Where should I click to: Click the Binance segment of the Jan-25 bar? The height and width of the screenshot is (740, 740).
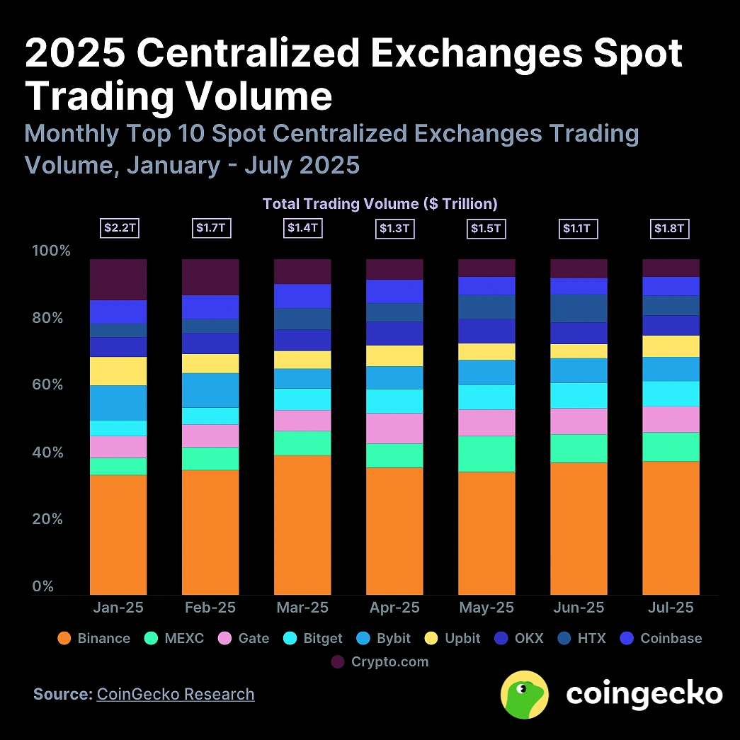[x=118, y=534]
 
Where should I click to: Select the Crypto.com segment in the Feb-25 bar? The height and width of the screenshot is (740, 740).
[x=210, y=277]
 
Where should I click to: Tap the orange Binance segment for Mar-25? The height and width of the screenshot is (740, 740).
[x=302, y=524]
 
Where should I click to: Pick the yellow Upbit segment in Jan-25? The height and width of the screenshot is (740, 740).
[x=118, y=371]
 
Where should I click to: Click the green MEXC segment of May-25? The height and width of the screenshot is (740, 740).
[x=486, y=453]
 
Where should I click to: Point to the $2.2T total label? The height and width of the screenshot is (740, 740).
[x=118, y=228]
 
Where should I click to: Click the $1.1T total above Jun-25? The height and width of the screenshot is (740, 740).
[x=579, y=228]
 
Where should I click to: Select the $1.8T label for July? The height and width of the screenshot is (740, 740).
[x=671, y=228]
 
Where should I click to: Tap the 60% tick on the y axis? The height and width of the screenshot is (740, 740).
[x=52, y=385]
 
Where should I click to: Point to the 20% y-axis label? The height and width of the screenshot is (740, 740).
[x=52, y=519]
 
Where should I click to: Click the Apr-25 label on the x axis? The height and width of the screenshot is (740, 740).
[x=394, y=608]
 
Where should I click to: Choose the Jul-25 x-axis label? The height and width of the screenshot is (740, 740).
[x=671, y=608]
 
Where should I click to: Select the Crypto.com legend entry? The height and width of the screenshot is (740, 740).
[x=380, y=662]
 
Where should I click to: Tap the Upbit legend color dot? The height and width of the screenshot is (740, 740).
[x=433, y=638]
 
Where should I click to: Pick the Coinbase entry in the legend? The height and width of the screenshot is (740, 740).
[x=661, y=638]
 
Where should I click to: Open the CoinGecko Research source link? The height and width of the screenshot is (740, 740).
[x=176, y=694]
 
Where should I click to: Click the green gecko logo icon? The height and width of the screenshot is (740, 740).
[x=524, y=695]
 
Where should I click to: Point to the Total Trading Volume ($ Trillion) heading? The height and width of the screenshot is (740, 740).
[x=380, y=204]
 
